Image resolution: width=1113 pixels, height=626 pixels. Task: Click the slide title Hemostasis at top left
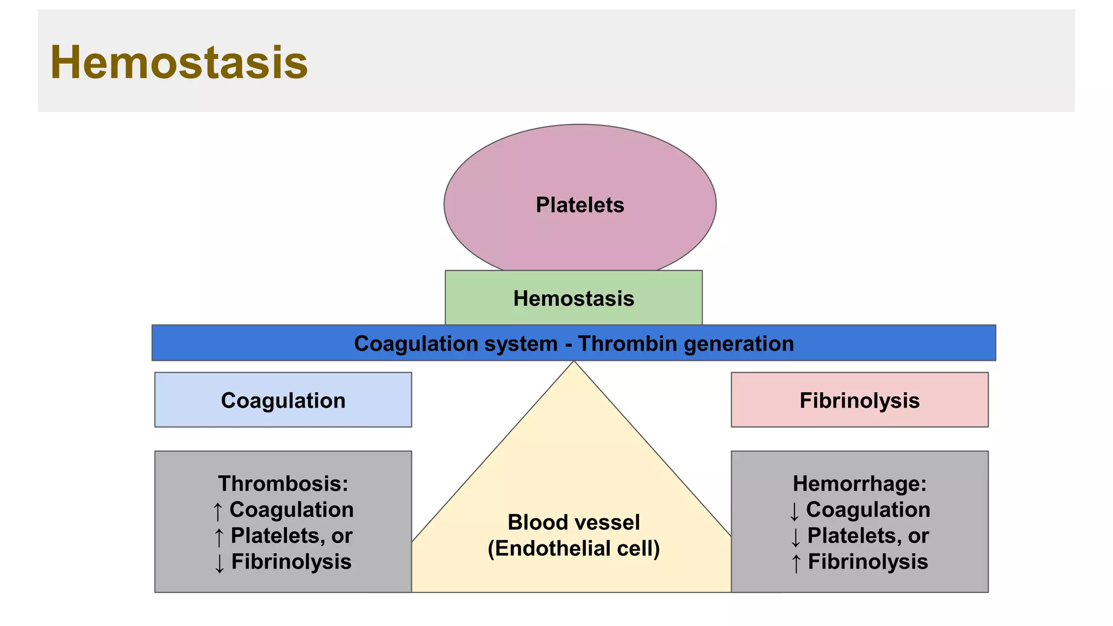pyautogui.click(x=179, y=62)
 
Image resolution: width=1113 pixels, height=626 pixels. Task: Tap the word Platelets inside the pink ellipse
pyautogui.click(x=580, y=205)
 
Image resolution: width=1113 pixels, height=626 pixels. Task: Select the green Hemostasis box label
pyautogui.click(x=573, y=298)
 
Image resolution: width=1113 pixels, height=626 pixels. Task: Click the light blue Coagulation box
pyautogui.click(x=283, y=400)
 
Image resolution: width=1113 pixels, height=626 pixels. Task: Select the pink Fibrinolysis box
pyautogui.click(x=859, y=400)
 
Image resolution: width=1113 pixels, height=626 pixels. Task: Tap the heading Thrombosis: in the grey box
pyautogui.click(x=283, y=483)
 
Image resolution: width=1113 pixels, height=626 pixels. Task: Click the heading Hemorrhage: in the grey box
pyautogui.click(x=859, y=483)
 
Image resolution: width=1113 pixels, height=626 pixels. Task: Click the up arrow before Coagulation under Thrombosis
pyautogui.click(x=218, y=511)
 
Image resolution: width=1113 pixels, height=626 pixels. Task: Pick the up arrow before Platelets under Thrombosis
pyautogui.click(x=219, y=537)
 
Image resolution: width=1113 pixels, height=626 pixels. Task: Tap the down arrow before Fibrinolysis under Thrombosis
pyautogui.click(x=219, y=563)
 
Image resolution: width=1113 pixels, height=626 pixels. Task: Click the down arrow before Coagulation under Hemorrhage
pyautogui.click(x=795, y=511)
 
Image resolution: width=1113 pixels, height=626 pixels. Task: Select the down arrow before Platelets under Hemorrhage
pyautogui.click(x=796, y=537)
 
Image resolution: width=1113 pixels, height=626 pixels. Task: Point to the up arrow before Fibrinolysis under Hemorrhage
pyautogui.click(x=796, y=563)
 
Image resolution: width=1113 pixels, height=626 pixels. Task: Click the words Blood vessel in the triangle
pyautogui.click(x=573, y=522)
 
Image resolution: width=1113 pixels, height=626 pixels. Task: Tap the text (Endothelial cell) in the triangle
pyautogui.click(x=573, y=548)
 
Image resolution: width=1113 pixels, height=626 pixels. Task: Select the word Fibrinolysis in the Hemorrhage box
pyautogui.click(x=868, y=562)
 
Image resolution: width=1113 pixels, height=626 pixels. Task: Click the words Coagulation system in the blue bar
pyautogui.click(x=455, y=343)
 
